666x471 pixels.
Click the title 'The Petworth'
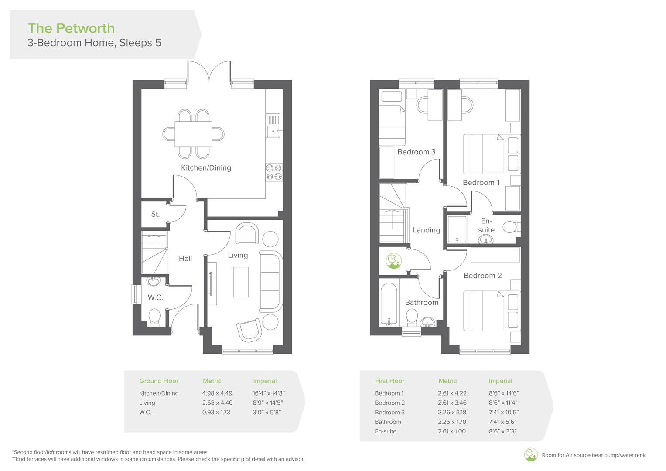(71, 28)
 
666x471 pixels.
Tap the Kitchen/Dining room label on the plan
(206, 168)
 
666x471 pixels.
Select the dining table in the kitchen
(194, 134)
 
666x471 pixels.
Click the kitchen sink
(273, 126)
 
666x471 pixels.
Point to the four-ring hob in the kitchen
(274, 172)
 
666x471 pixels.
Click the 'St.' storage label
(155, 214)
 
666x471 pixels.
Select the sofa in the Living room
(271, 281)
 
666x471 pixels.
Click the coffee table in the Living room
(241, 282)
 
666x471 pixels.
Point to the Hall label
(185, 259)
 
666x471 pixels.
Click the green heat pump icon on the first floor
(393, 261)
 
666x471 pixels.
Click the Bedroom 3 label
(416, 152)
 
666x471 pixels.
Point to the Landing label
(426, 230)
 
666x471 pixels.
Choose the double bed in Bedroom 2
(484, 311)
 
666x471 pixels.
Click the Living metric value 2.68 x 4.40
(217, 403)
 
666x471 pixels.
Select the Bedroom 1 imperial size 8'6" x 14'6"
(504, 393)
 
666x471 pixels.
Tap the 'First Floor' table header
(389, 381)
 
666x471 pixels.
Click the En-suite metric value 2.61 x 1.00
(451, 432)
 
